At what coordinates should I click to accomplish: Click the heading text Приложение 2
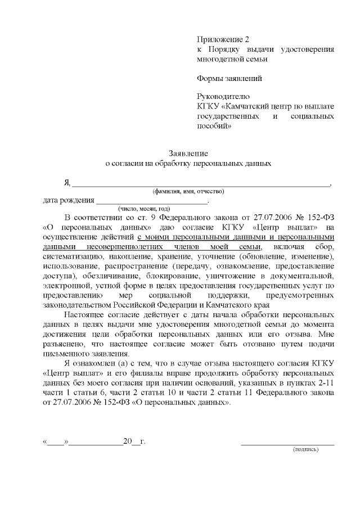point(223,39)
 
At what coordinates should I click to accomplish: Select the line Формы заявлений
point(229,78)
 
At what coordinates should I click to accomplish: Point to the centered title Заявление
point(189,154)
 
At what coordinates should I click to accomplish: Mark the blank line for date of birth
point(152,201)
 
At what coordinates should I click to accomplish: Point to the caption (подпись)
point(305,450)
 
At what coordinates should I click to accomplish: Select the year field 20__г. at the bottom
point(134,442)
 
